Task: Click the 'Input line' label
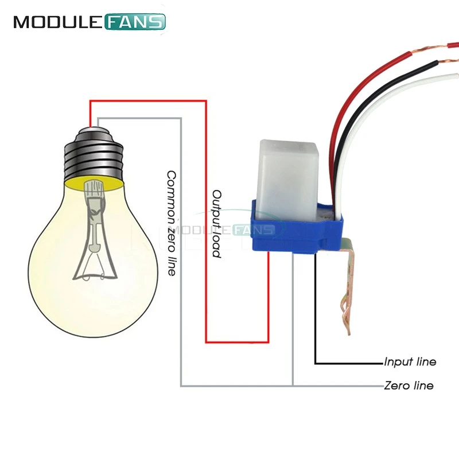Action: [x=410, y=362]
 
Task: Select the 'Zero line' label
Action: [x=409, y=386]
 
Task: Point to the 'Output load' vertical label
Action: [x=217, y=224]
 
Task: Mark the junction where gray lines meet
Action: [x=293, y=386]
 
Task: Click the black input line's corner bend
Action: [x=315, y=363]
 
